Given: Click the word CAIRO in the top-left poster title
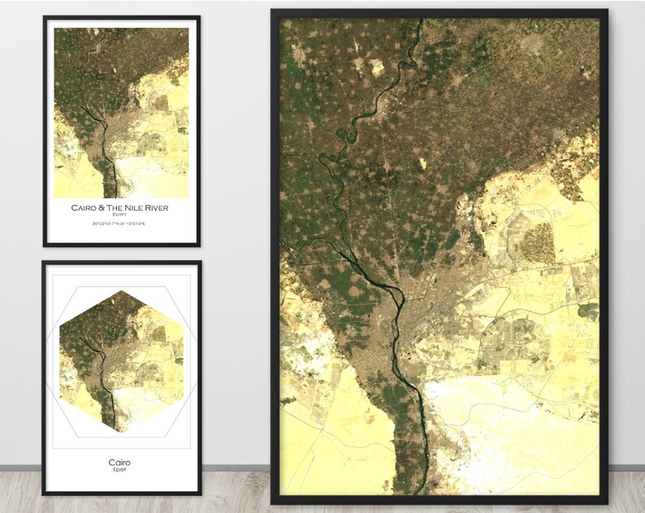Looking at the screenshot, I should (x=85, y=208).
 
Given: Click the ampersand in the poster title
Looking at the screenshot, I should (x=105, y=208).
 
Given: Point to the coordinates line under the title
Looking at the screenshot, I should (x=119, y=224).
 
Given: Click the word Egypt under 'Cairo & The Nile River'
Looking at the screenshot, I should (x=120, y=215).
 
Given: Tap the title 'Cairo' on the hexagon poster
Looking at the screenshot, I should (x=119, y=463).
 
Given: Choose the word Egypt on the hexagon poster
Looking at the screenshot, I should (x=119, y=470).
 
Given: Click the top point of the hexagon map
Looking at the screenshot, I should (x=121, y=291).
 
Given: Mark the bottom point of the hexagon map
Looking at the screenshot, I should (x=121, y=433).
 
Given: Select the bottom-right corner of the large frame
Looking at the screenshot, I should (x=607, y=502).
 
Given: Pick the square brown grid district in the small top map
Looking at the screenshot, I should (x=161, y=103).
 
